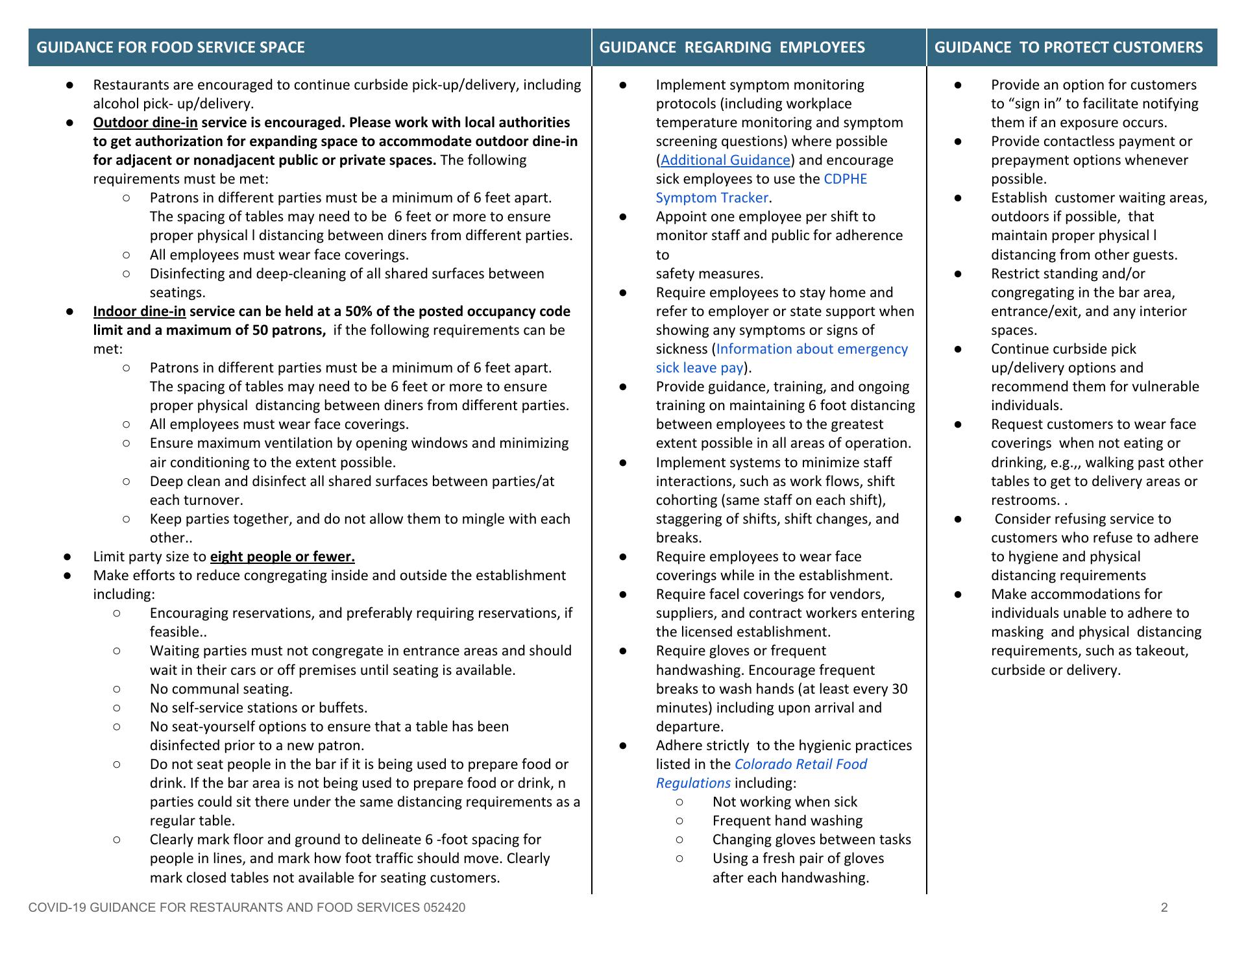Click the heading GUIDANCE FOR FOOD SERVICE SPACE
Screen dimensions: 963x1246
tap(171, 47)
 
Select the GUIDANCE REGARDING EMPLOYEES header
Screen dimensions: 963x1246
tap(731, 47)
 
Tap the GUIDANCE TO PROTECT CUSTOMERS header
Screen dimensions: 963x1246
tap(1068, 47)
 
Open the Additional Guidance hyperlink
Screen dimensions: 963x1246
tap(725, 160)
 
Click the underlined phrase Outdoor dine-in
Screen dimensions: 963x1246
tap(145, 123)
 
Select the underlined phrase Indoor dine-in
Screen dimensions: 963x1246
tap(140, 311)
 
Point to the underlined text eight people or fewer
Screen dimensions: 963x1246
tap(282, 557)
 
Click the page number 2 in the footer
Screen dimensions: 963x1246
tap(1164, 907)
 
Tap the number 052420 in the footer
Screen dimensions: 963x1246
tap(444, 907)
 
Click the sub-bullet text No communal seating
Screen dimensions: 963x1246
tap(221, 689)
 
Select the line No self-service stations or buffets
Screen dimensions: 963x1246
tap(258, 708)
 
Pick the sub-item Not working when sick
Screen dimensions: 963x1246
tap(785, 802)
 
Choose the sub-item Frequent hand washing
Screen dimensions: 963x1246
tap(787, 821)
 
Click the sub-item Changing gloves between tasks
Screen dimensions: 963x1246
tap(811, 840)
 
